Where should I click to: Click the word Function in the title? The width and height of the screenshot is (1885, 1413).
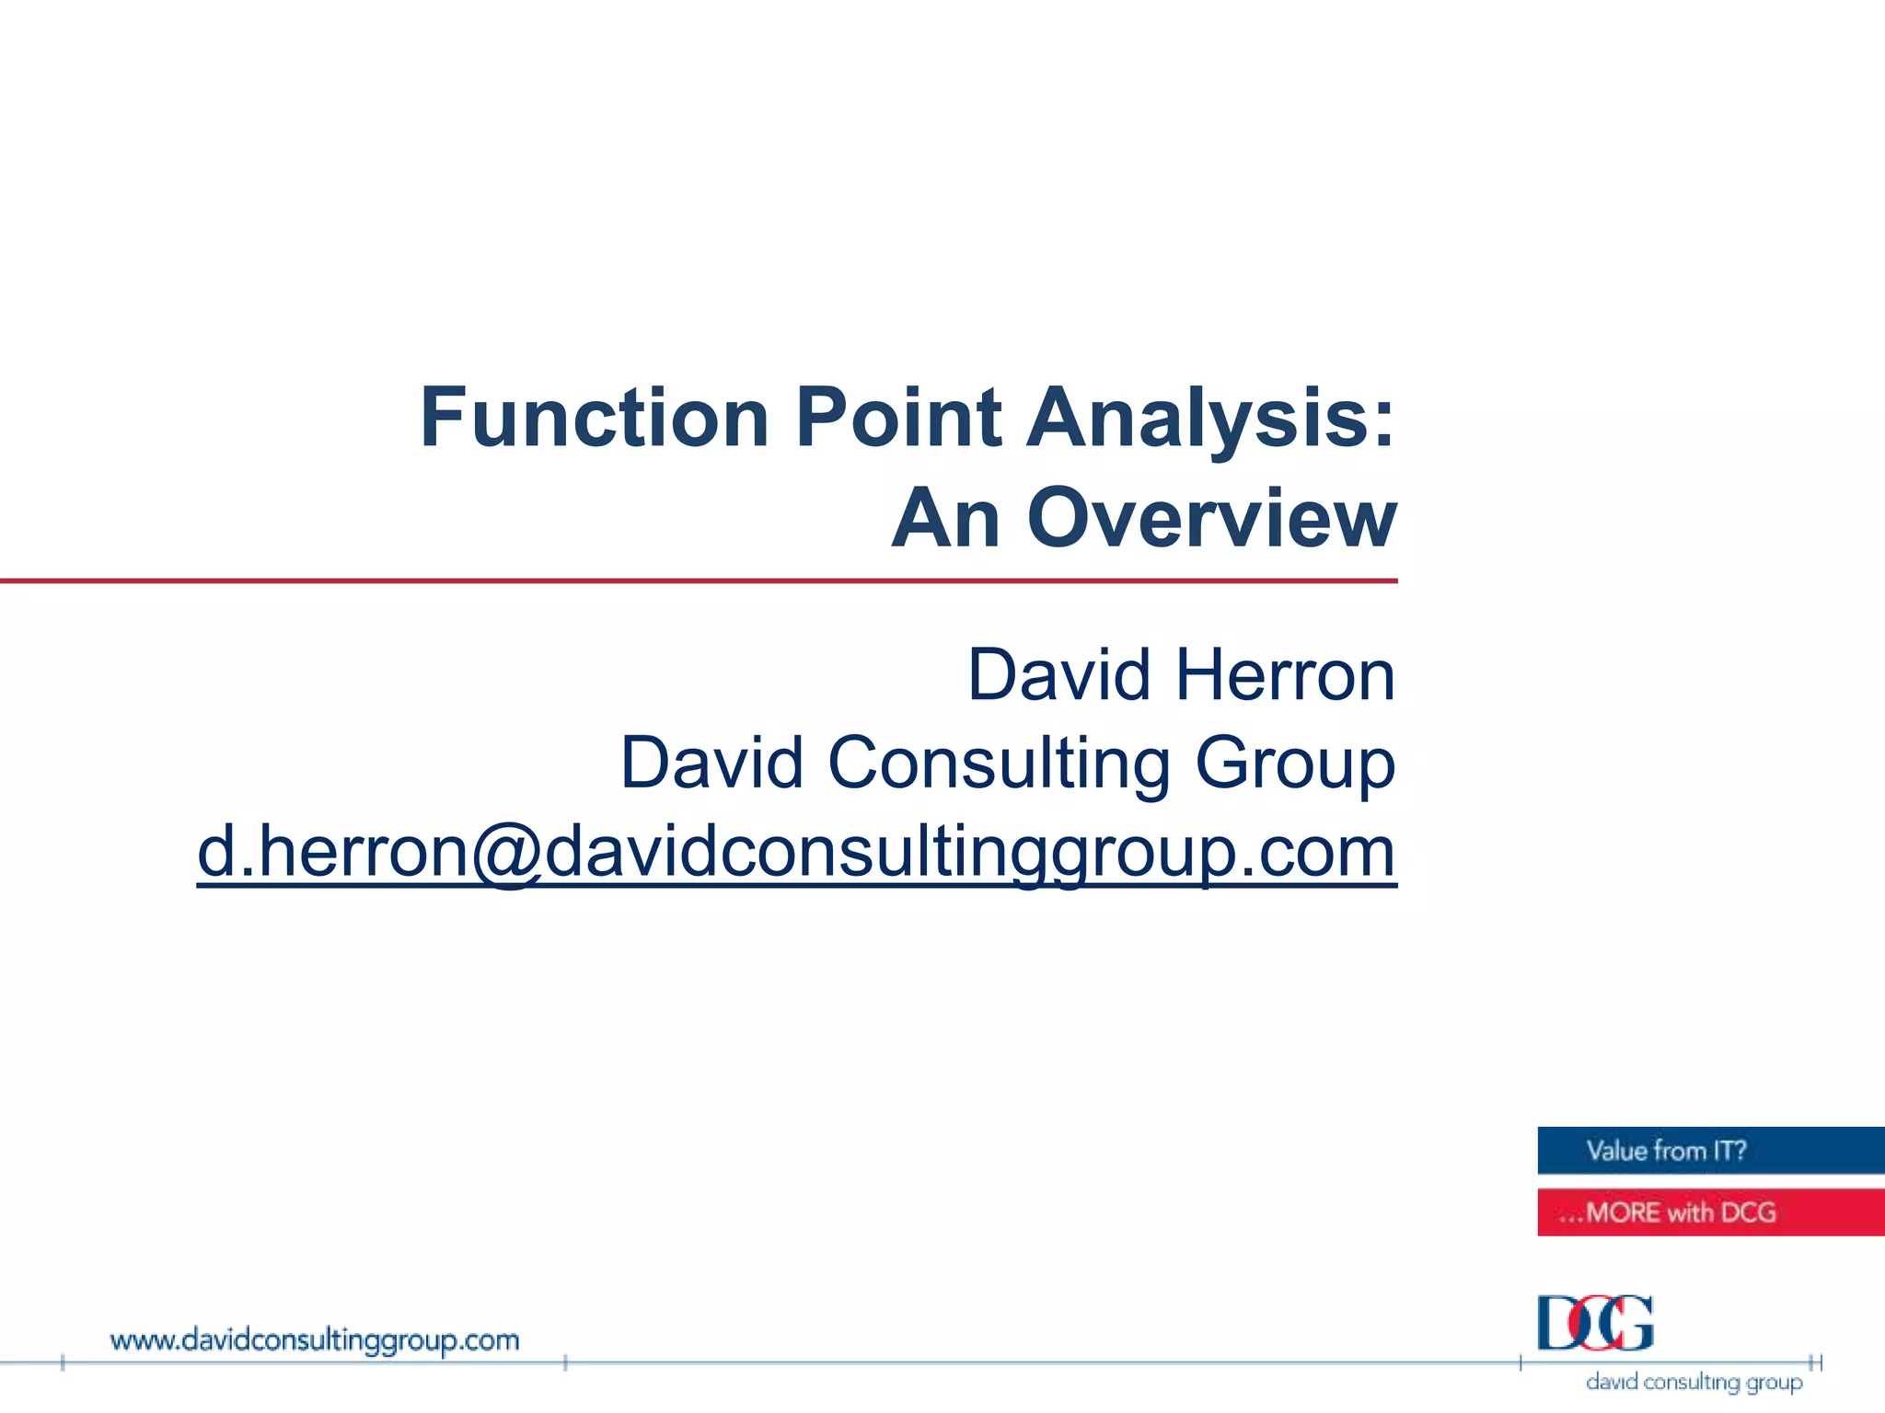pos(594,418)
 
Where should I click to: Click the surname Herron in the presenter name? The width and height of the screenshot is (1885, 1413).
pos(1286,675)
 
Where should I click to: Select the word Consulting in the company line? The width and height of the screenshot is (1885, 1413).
pos(999,763)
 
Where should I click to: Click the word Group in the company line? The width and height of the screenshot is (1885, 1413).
pos(1295,764)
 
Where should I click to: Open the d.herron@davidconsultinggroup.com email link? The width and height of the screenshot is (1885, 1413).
pos(796,852)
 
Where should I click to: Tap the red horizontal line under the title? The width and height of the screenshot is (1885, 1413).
pos(700,581)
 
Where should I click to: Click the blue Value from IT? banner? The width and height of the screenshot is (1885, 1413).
pos(1710,1151)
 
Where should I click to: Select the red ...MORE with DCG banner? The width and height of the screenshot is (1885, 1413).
pos(1710,1212)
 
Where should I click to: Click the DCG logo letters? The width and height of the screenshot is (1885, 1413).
pos(1595,1323)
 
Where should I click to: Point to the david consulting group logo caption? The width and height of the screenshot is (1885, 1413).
pos(1694,1382)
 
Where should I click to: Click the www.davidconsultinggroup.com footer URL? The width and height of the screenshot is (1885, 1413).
pos(315,1340)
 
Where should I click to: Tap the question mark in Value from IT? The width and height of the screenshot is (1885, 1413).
pos(1739,1151)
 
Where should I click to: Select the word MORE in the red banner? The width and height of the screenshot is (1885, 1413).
pos(1623,1212)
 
